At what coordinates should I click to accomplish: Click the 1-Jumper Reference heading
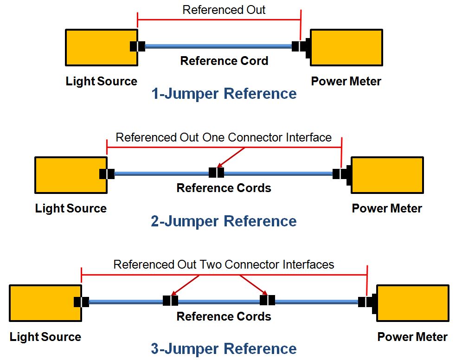pos(224,94)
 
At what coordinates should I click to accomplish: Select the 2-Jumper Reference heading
pos(224,221)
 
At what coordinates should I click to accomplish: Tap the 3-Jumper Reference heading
pos(224,348)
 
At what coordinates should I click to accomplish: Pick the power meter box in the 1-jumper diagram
pos(346,47)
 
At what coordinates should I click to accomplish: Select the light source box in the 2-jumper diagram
pos(71,175)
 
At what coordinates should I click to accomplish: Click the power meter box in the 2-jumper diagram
pos(387,175)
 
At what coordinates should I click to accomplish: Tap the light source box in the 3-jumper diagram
pos(45,303)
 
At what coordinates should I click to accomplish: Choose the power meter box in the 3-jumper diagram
pos(412,303)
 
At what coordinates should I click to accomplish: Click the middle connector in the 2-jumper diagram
pos(216,173)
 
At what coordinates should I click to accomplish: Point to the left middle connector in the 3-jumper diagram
pos(170,301)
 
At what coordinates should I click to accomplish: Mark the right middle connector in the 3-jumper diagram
pos(267,301)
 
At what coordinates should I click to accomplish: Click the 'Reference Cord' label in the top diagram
pos(224,61)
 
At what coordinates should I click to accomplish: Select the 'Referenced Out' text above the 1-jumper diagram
pos(224,10)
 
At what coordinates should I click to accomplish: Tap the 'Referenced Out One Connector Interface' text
pos(224,137)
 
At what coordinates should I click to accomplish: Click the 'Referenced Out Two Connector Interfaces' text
pos(224,264)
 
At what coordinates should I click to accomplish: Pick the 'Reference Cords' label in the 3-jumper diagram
pos(224,316)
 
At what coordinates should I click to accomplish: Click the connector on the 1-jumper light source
pos(137,46)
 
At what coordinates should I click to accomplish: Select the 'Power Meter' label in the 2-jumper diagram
pos(387,208)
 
